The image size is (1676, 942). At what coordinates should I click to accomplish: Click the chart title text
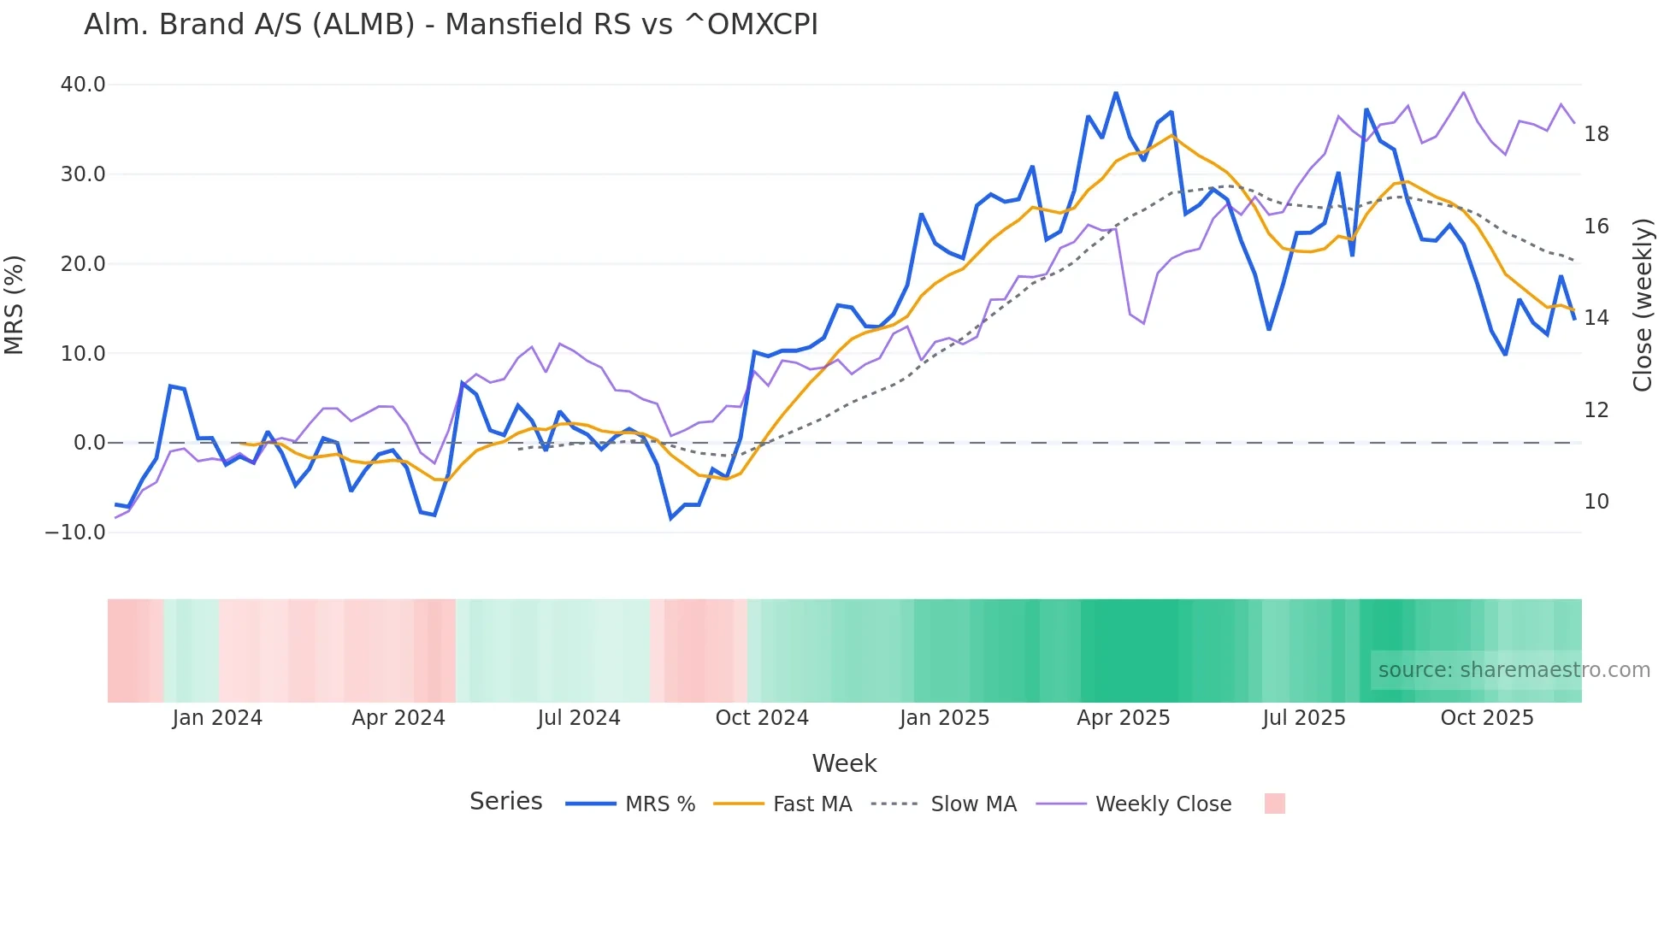451,25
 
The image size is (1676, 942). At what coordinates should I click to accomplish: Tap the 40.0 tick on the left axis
83,85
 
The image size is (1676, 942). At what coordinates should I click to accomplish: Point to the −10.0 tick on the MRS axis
75,533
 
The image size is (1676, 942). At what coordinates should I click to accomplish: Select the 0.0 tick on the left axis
89,443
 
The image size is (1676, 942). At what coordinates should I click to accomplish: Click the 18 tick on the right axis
1596,134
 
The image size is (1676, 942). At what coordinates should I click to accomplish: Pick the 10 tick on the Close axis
1596,502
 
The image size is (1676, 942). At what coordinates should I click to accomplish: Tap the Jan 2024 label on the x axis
217,718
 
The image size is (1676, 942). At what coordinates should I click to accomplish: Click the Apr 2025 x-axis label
1123,718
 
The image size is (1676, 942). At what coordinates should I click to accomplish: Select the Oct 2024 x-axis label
762,718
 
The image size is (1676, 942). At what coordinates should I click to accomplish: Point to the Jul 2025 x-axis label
1303,718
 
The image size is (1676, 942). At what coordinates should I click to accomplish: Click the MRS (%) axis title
15,305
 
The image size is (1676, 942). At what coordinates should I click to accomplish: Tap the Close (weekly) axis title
1643,305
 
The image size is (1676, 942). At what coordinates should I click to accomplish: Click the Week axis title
844,763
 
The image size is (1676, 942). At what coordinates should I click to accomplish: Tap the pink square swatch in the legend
1274,804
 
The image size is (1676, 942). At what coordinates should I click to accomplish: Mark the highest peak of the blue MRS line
1116,92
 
